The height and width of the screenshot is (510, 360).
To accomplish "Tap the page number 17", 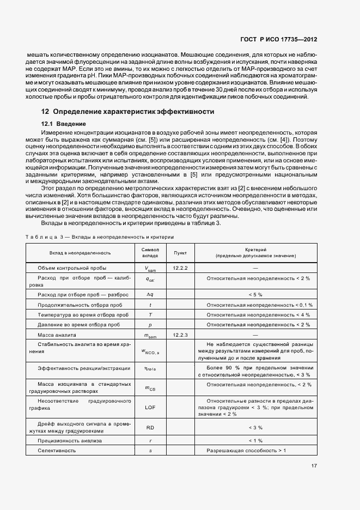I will (x=314, y=465).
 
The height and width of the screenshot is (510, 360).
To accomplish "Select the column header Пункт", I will (x=180, y=253).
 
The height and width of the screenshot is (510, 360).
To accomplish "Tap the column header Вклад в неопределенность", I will (x=80, y=253).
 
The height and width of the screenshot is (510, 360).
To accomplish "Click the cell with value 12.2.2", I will (x=180, y=268).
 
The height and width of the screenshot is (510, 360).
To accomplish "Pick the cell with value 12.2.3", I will (x=180, y=334).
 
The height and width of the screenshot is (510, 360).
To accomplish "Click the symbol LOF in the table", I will (x=150, y=407).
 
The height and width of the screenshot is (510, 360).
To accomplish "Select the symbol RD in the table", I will (x=150, y=428).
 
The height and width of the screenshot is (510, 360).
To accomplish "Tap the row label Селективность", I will (x=57, y=451).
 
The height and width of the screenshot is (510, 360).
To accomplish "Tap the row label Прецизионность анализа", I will (x=69, y=440).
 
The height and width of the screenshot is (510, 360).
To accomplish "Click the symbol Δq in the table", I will (x=150, y=295).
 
